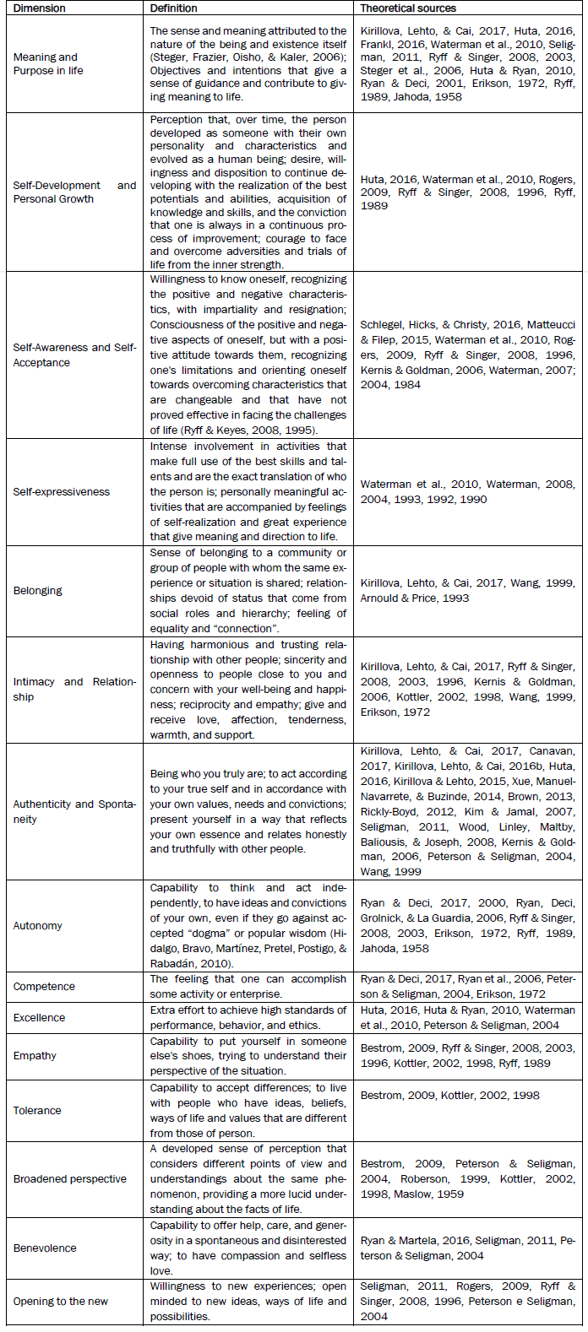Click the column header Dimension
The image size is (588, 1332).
(x=40, y=8)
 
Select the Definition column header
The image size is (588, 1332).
(x=173, y=8)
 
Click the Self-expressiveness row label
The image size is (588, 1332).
(x=61, y=492)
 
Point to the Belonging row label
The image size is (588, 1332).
(x=37, y=591)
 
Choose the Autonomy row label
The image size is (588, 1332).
(x=37, y=926)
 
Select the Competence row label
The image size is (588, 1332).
(x=44, y=987)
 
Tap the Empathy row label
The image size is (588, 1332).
(x=35, y=1056)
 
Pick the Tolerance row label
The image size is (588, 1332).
(x=36, y=1111)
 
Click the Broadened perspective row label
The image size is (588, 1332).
(x=69, y=1179)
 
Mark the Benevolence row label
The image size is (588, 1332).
(x=45, y=1248)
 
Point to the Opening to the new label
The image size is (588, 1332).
(x=60, y=1302)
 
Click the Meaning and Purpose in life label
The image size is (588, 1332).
(x=48, y=64)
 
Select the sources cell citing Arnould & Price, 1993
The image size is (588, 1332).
(x=467, y=591)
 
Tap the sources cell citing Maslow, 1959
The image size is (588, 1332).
(x=467, y=1179)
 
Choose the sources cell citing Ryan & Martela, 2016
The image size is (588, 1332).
(x=467, y=1248)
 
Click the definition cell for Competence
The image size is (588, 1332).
(x=248, y=987)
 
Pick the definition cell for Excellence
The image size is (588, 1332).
(x=248, y=1018)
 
